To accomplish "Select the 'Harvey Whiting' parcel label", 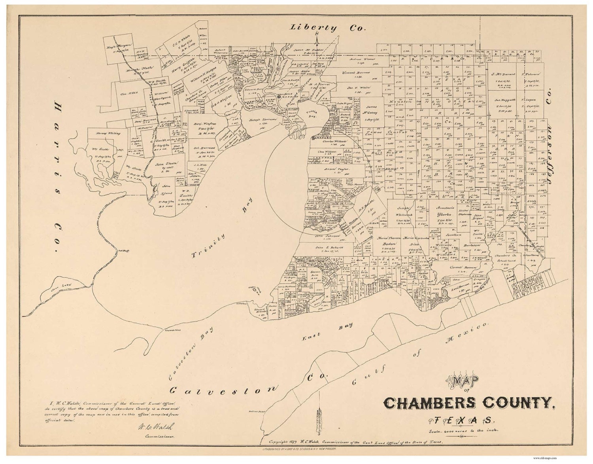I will pos(104,134).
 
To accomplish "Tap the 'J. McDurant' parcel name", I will pos(502,74).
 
